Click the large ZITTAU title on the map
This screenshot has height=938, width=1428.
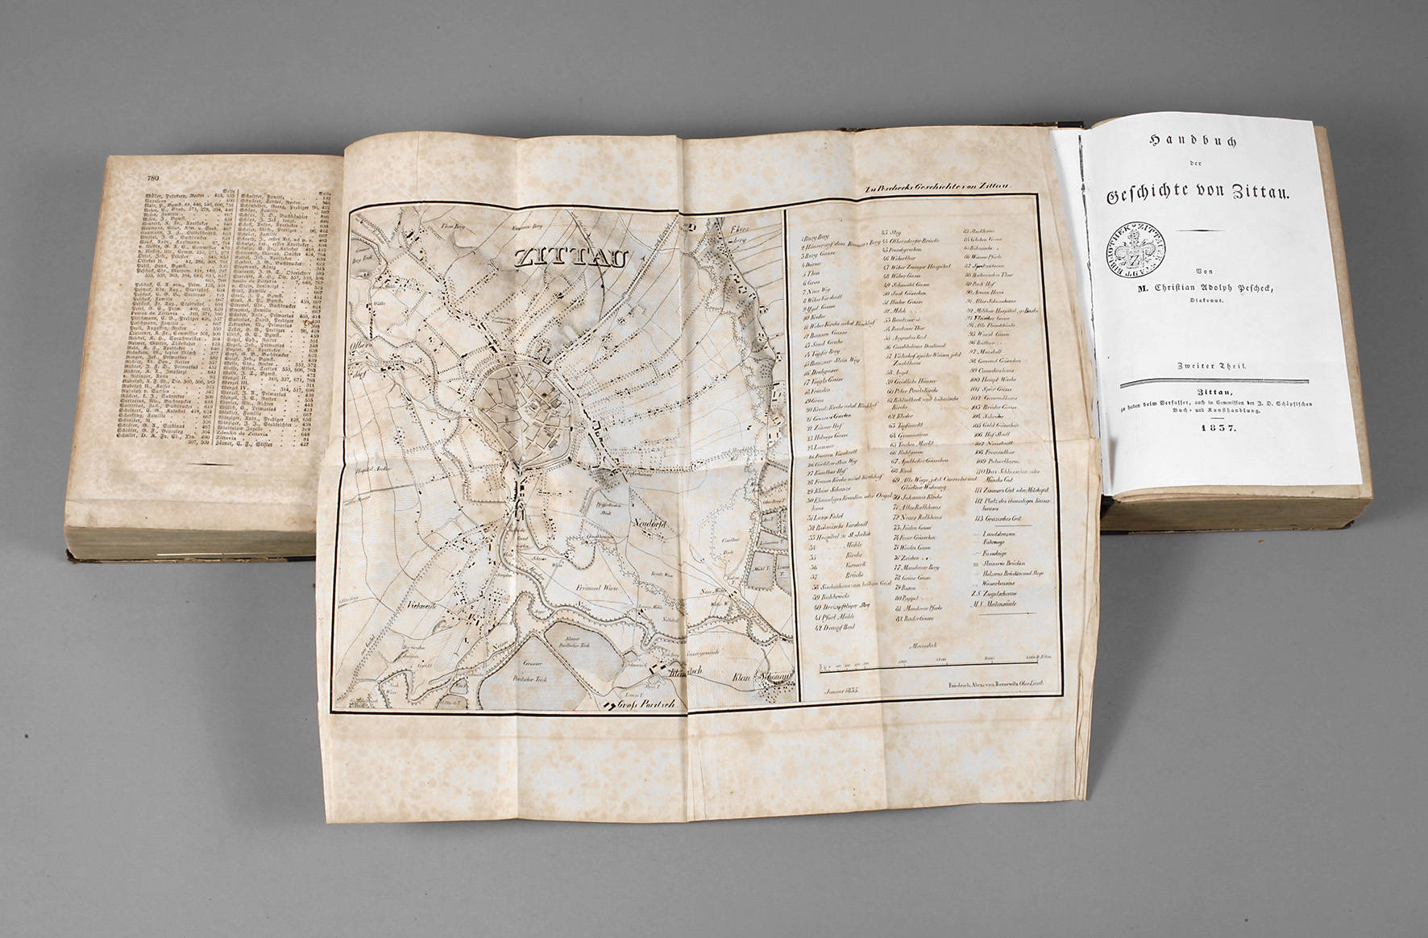click(x=571, y=259)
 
